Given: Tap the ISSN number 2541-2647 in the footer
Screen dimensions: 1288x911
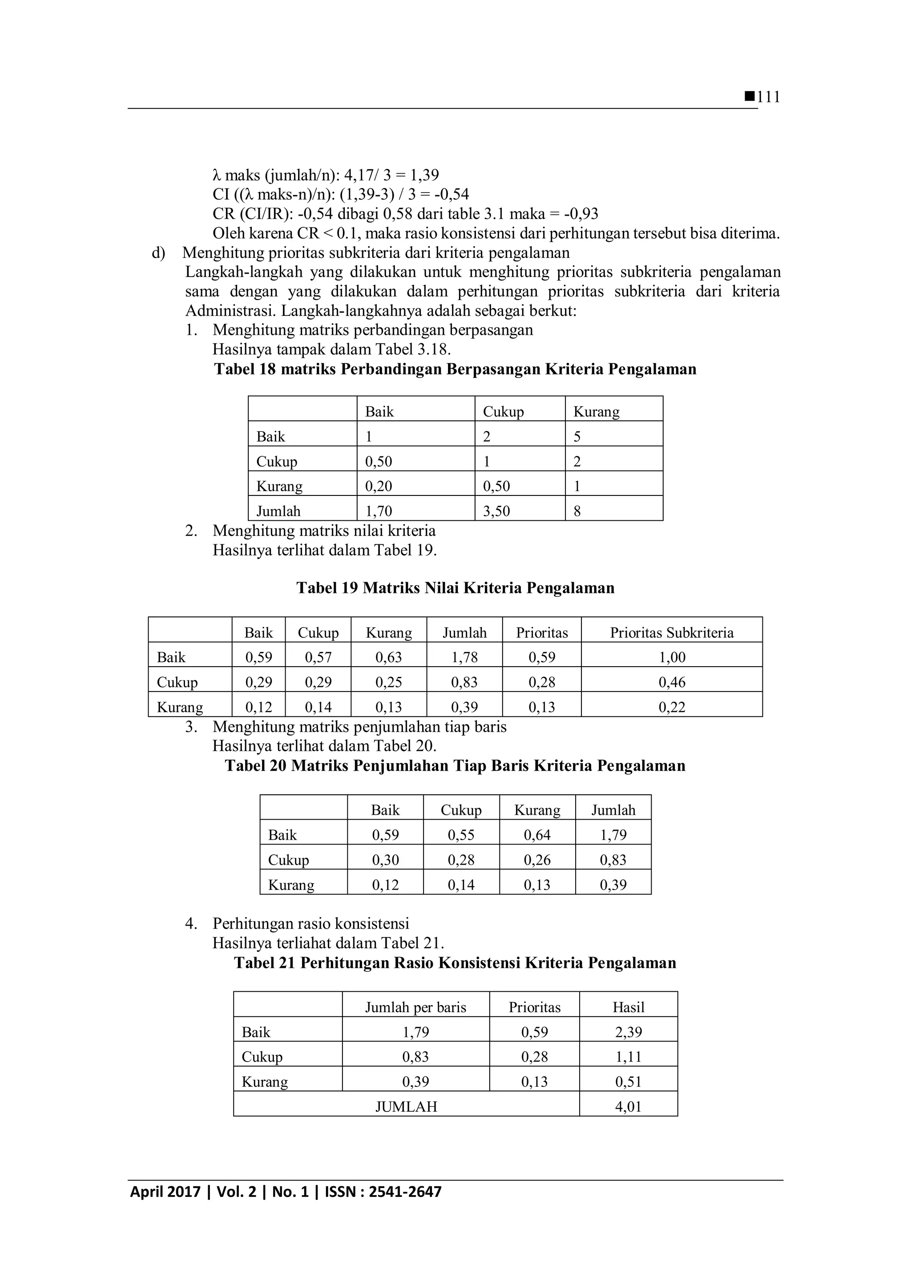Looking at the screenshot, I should click(x=405, y=1207).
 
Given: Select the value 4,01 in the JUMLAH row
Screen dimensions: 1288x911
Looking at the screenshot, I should click(x=628, y=1107).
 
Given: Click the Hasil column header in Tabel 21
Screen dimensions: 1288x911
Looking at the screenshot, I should click(x=628, y=1007).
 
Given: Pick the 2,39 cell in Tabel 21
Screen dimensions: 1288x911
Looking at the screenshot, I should click(x=628, y=1032).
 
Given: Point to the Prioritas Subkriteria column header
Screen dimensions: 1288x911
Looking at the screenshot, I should click(x=672, y=633).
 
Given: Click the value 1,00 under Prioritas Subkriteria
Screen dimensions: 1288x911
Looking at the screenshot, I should click(x=672, y=657).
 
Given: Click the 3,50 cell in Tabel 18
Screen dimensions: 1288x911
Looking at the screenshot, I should click(x=496, y=511).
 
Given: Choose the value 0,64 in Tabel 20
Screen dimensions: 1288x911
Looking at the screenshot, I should click(x=537, y=835).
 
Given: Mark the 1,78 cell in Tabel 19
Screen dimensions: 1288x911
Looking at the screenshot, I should click(x=464, y=657).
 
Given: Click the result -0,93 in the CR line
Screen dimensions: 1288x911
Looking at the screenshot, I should click(x=580, y=214).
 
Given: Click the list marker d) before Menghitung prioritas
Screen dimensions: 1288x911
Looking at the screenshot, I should click(x=158, y=253).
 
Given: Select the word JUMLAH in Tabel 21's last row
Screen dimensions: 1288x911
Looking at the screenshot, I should click(x=406, y=1107).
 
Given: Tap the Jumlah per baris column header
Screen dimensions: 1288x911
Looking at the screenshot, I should click(x=415, y=1007).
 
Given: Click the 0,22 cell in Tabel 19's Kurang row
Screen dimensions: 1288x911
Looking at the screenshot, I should click(x=672, y=708).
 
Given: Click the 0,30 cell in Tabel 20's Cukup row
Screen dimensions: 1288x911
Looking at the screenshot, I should click(x=385, y=860).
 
